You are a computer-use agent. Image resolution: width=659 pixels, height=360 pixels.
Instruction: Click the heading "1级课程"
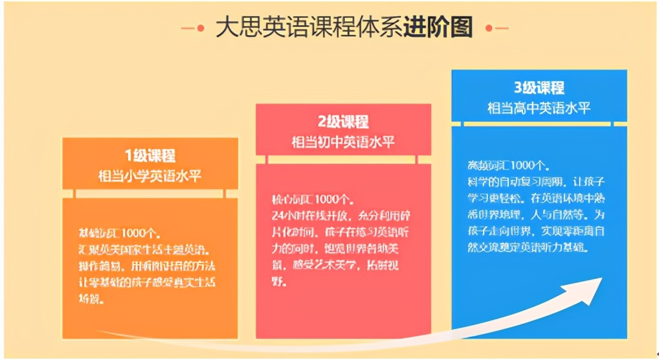(x=150, y=155)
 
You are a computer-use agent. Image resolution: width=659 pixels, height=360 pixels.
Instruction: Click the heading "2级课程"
(x=342, y=122)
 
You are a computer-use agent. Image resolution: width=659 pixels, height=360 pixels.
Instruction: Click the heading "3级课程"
(x=539, y=87)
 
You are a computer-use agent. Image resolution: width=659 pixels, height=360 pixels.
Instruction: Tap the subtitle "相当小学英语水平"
(x=150, y=175)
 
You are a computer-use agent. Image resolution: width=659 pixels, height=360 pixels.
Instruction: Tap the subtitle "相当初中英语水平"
(x=342, y=142)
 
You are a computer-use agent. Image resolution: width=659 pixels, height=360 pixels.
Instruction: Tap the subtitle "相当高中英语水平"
(x=539, y=107)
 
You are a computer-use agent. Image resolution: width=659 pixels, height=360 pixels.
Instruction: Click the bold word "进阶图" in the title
(x=438, y=28)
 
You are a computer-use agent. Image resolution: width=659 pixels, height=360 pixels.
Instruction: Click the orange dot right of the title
(x=488, y=28)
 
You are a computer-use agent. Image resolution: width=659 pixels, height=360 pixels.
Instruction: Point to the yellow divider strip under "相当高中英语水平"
(x=539, y=123)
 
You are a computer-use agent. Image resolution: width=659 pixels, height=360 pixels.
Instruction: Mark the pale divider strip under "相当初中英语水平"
(x=343, y=159)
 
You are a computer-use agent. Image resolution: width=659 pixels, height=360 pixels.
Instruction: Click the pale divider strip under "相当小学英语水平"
(x=150, y=193)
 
